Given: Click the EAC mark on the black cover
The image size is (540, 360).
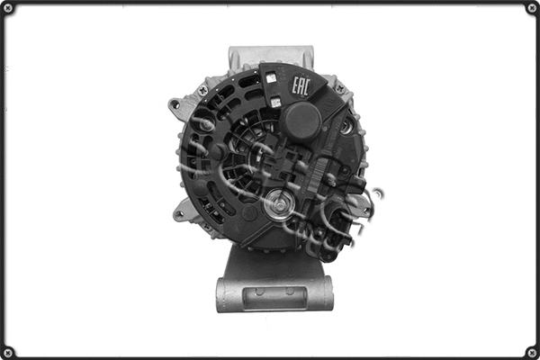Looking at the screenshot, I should [301, 86].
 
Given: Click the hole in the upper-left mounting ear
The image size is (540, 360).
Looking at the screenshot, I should [175, 103].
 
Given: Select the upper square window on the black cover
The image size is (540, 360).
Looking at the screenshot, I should [272, 79].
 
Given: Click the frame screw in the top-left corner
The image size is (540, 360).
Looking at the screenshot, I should [9, 8].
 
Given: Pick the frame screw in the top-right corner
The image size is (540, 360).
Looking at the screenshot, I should [531, 8].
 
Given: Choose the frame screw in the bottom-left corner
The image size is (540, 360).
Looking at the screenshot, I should [9, 351].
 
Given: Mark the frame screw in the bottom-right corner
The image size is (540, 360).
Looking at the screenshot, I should [531, 351].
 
